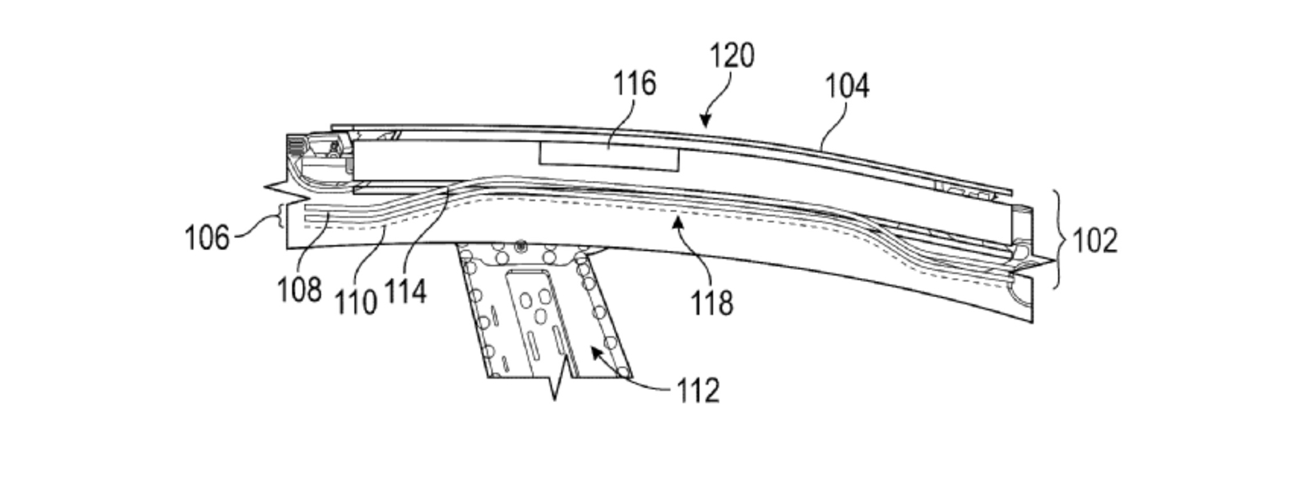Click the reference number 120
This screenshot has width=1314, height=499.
click(x=732, y=56)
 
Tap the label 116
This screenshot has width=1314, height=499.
click(x=635, y=83)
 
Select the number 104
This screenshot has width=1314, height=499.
click(x=847, y=85)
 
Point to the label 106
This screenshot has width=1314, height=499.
click(x=207, y=238)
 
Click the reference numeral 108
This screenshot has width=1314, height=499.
click(x=299, y=289)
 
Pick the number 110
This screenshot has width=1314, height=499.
click(x=355, y=302)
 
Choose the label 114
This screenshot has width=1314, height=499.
click(x=405, y=292)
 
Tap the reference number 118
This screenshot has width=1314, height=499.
click(x=711, y=303)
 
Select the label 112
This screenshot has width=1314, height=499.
click(x=698, y=391)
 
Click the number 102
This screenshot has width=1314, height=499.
click(x=1094, y=239)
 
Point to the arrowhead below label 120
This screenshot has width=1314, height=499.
click(x=705, y=122)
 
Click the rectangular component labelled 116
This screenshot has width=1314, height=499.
click(x=609, y=156)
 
